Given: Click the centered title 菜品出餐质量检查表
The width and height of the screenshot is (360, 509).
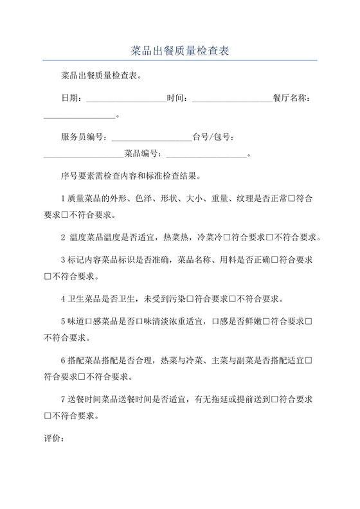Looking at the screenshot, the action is click(180, 49).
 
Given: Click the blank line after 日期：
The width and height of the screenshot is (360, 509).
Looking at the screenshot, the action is click(126, 98).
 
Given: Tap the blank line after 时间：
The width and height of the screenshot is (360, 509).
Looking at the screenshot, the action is click(232, 98).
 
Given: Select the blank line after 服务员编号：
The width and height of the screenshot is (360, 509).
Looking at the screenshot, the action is click(152, 138).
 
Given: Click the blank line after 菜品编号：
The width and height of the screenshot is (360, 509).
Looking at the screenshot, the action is click(206, 154).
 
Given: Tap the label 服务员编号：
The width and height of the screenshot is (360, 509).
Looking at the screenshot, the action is click(86, 138).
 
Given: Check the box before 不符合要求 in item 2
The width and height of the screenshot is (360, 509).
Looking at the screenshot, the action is click(271, 237).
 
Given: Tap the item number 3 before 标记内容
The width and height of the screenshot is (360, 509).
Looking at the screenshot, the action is click(62, 260).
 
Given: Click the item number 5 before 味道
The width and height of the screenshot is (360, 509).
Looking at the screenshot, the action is click(62, 321).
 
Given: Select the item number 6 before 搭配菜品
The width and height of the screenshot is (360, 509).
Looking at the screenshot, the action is click(62, 361).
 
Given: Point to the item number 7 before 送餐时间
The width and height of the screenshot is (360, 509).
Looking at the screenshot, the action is click(62, 400).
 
